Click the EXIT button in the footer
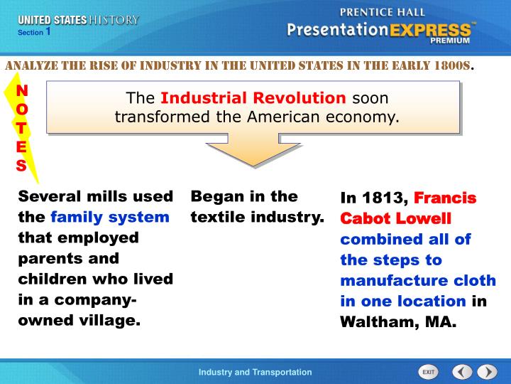click(428, 372)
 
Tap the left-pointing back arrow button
click(462, 372)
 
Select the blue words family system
click(109, 217)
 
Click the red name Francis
click(445, 197)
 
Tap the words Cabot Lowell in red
click(395, 218)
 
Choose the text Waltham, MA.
click(398, 321)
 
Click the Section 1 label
click(34, 32)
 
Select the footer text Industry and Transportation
click(255, 372)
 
